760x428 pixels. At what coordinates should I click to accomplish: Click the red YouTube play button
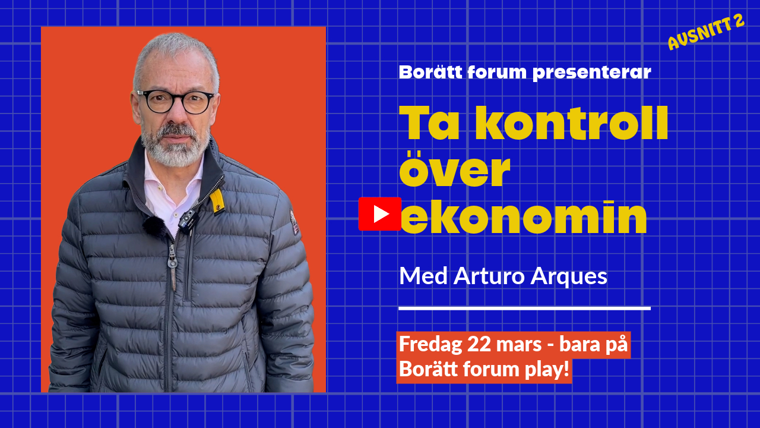pyautogui.click(x=380, y=214)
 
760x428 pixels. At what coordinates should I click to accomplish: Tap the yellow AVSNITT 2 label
pyautogui.click(x=707, y=32)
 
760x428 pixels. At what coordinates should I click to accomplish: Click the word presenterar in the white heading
pyautogui.click(x=592, y=73)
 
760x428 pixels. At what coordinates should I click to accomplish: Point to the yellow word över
pyautogui.click(x=455, y=169)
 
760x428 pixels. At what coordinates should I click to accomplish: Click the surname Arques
pyautogui.click(x=569, y=278)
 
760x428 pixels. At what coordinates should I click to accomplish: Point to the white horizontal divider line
pyautogui.click(x=524, y=309)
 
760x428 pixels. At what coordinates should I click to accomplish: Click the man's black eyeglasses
pyautogui.click(x=175, y=102)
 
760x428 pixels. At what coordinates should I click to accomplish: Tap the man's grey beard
pyautogui.click(x=175, y=146)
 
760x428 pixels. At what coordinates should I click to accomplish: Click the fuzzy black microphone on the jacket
pyautogui.click(x=154, y=225)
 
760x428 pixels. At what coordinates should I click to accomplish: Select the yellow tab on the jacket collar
pyautogui.click(x=217, y=202)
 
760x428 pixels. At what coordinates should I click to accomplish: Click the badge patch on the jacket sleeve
pyautogui.click(x=294, y=222)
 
